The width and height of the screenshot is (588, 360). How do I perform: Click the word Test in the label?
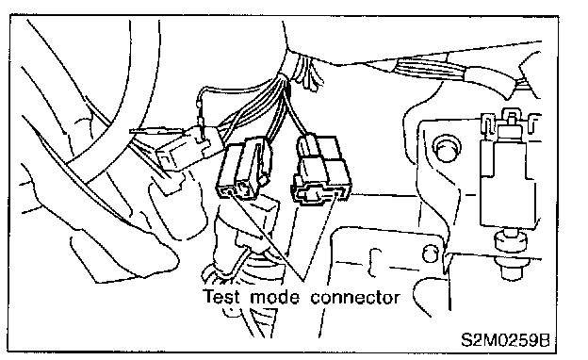[x=221, y=296]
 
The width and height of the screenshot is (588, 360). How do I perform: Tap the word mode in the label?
[x=275, y=297]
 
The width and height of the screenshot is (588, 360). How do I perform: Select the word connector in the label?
[x=355, y=298]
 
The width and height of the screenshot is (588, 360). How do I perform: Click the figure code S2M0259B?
[x=505, y=340]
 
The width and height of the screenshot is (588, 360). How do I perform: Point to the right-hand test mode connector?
[x=321, y=171]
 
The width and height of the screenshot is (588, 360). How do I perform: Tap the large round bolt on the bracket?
[x=447, y=147]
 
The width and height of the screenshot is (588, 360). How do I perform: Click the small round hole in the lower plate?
[x=430, y=254]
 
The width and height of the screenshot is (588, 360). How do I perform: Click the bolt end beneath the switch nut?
[x=512, y=270]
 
